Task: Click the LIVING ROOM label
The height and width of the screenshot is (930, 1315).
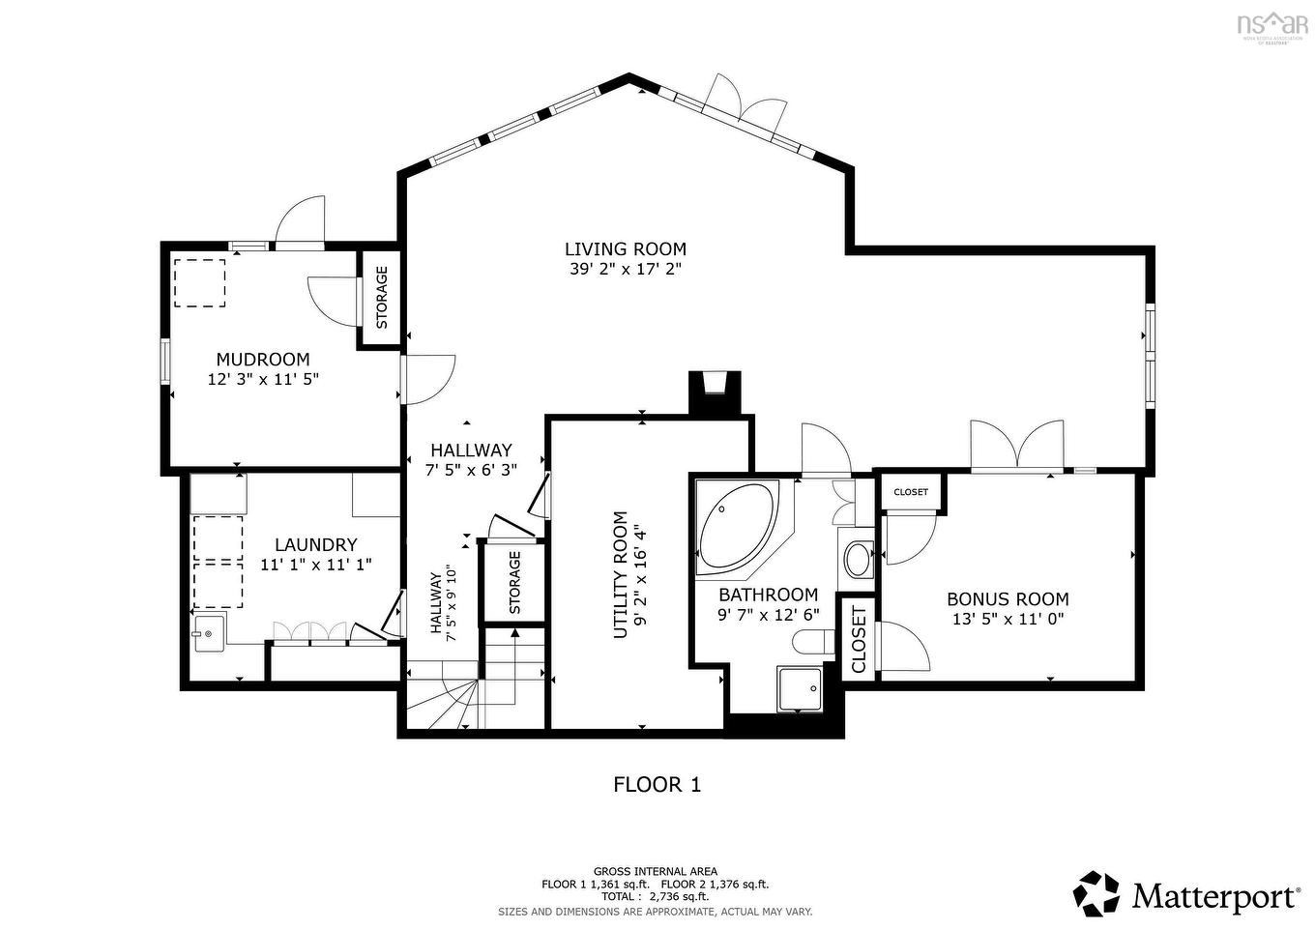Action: pos(625,249)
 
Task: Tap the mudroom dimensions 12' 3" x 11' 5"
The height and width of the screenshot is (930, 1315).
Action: pos(263,380)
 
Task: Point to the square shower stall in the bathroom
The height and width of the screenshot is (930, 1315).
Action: pos(799,689)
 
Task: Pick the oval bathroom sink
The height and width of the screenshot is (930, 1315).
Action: pos(857,559)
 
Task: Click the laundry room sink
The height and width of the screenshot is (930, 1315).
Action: pos(209,634)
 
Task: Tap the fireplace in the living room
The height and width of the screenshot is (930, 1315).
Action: pos(715,392)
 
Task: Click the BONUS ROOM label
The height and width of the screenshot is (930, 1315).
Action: pos(1008,599)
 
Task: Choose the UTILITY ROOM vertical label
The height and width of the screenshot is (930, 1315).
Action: pos(621,574)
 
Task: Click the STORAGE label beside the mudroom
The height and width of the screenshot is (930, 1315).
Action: pos(382,297)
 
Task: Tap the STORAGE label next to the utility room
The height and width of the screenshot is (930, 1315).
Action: pos(514,583)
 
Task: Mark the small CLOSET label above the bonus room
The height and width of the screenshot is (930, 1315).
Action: pos(911,492)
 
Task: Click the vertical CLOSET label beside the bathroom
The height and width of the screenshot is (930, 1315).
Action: pos(859,639)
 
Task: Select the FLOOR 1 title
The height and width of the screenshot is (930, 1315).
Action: pos(657,784)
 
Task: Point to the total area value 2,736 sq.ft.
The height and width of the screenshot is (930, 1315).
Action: pos(683,897)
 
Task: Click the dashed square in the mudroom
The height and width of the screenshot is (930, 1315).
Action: pos(199,282)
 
